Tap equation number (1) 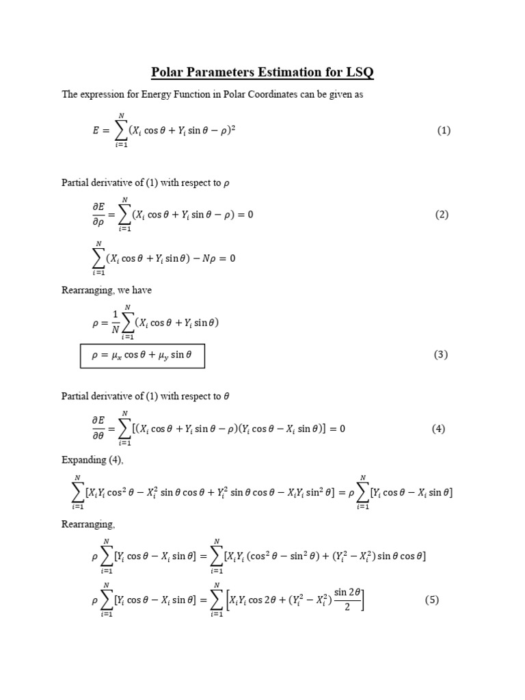444,131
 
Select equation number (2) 442,215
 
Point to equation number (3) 441,355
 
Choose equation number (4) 438,429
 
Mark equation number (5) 431,600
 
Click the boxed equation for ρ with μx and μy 142,355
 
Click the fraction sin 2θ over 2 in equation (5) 347,600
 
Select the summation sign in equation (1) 122,130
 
